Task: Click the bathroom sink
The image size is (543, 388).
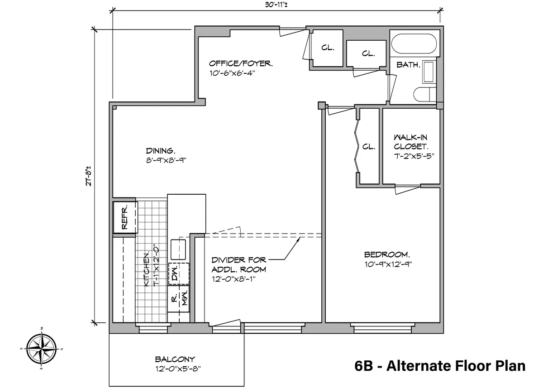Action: (428, 72)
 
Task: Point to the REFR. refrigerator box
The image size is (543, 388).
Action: (124, 216)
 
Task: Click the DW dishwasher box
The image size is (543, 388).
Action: (174, 273)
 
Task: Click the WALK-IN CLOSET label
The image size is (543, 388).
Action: (410, 142)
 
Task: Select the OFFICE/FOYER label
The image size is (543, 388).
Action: (241, 64)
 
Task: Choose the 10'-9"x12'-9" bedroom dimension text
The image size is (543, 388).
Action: (388, 264)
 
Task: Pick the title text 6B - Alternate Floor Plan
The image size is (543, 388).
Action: (440, 366)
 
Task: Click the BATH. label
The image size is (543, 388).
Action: (408, 65)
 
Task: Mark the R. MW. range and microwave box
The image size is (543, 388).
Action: (179, 299)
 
